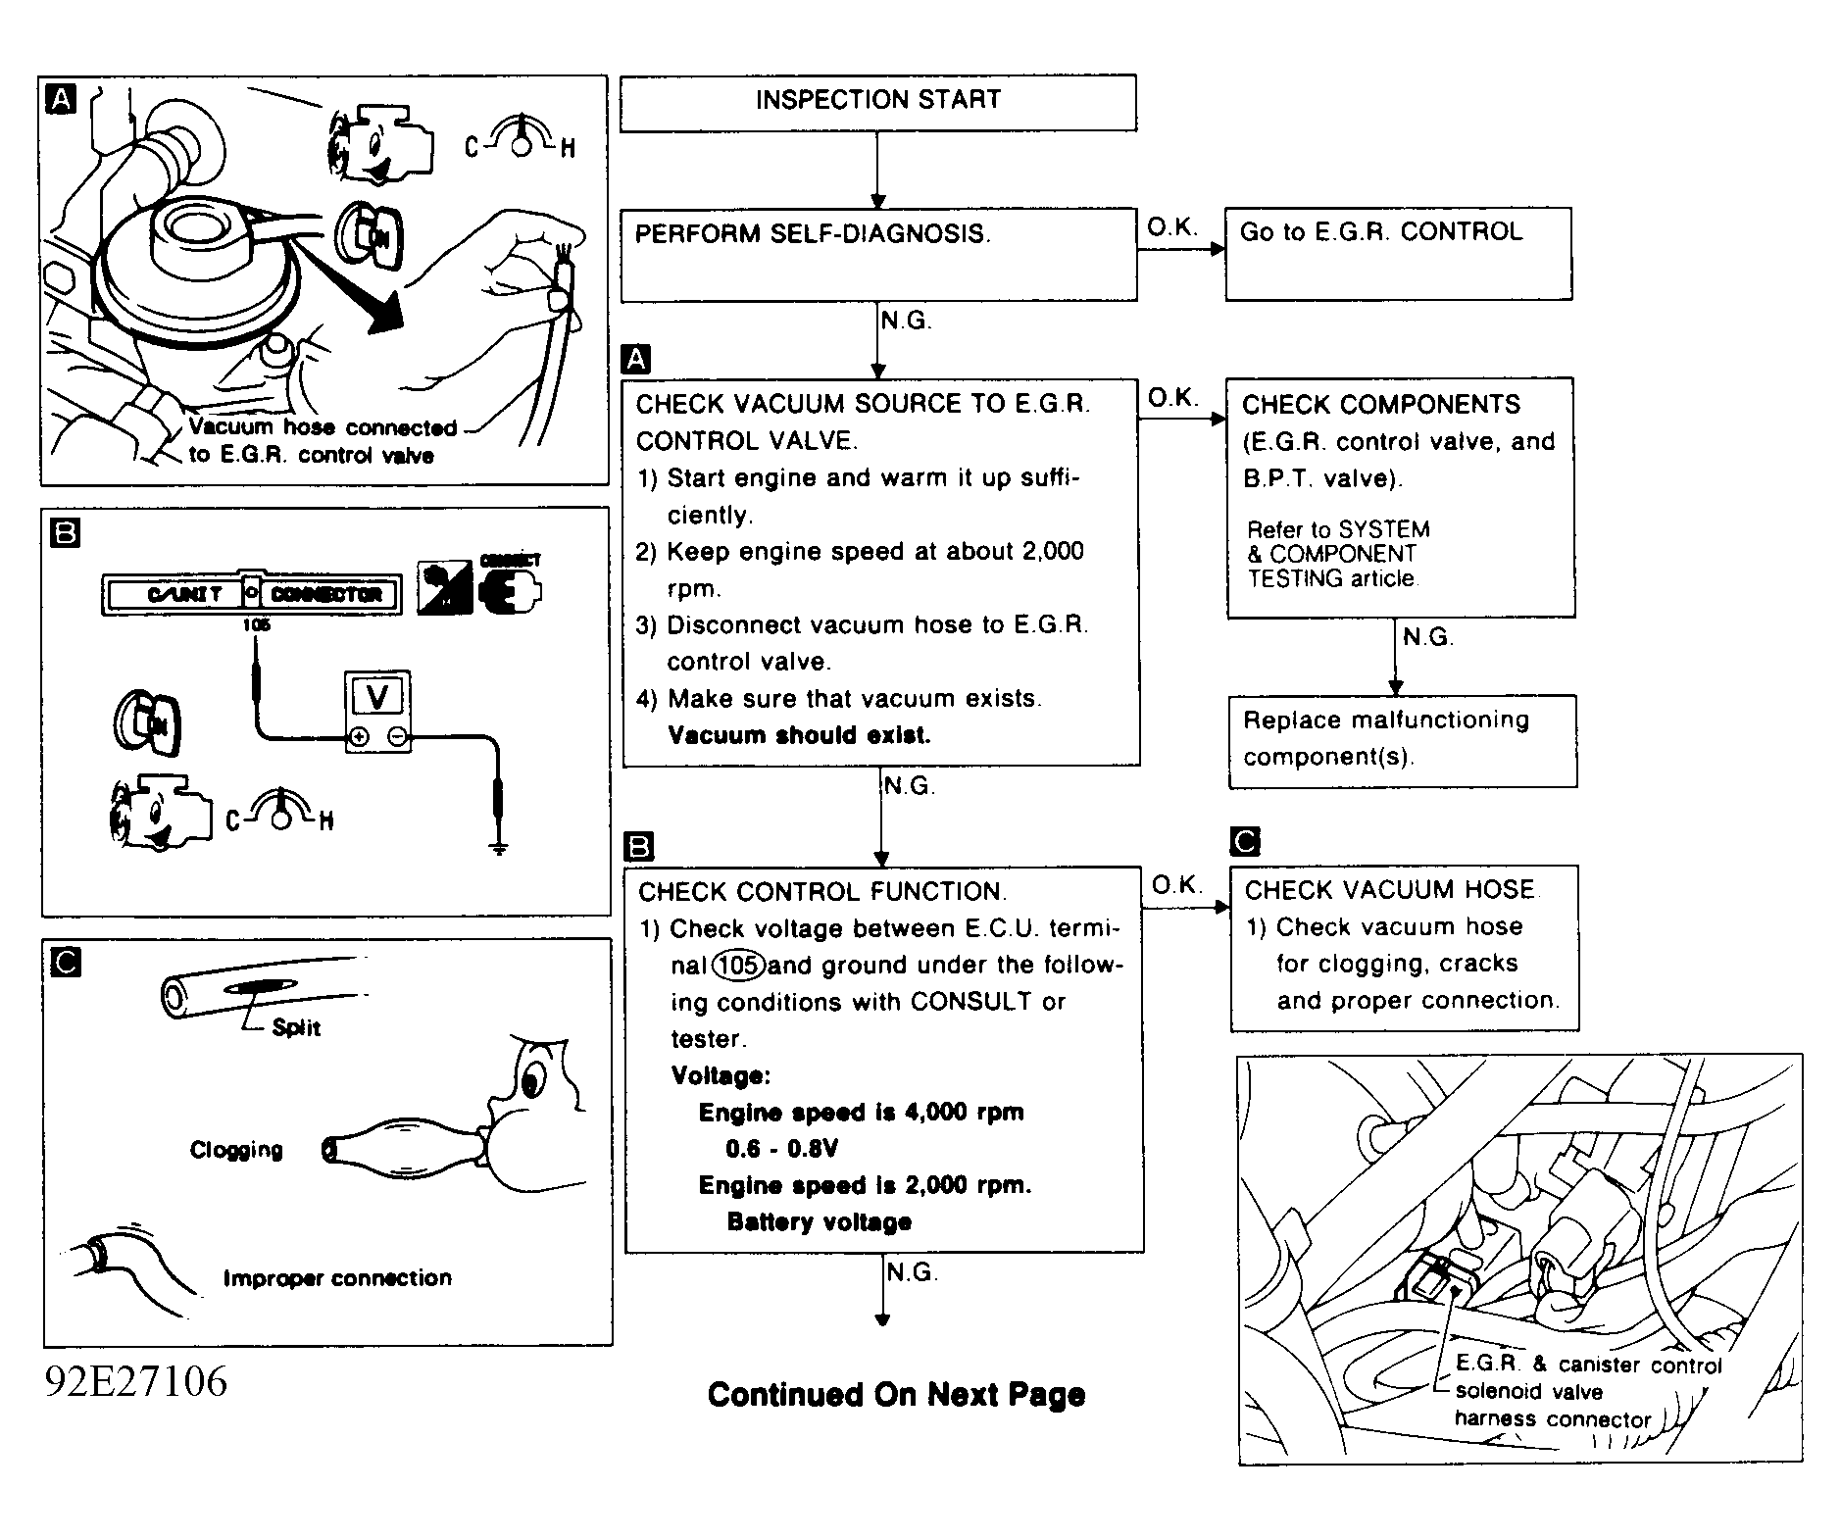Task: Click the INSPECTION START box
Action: (x=877, y=101)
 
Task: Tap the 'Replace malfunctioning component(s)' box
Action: (x=1402, y=739)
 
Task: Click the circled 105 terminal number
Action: (x=738, y=966)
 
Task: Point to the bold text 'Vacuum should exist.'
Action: (x=799, y=735)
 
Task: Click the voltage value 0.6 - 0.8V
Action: (x=781, y=1149)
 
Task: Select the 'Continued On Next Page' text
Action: (x=896, y=1395)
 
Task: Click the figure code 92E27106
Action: (x=135, y=1381)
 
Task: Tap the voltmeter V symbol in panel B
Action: (x=377, y=697)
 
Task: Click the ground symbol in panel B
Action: (x=499, y=847)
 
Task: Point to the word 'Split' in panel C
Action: (x=296, y=1027)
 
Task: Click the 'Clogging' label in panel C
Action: (x=236, y=1150)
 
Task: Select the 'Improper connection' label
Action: (x=337, y=1278)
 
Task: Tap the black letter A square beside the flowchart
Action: (x=636, y=359)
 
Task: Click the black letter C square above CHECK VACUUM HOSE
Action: (x=1244, y=841)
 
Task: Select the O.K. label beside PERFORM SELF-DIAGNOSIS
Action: (x=1172, y=227)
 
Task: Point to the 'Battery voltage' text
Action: (x=819, y=1222)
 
